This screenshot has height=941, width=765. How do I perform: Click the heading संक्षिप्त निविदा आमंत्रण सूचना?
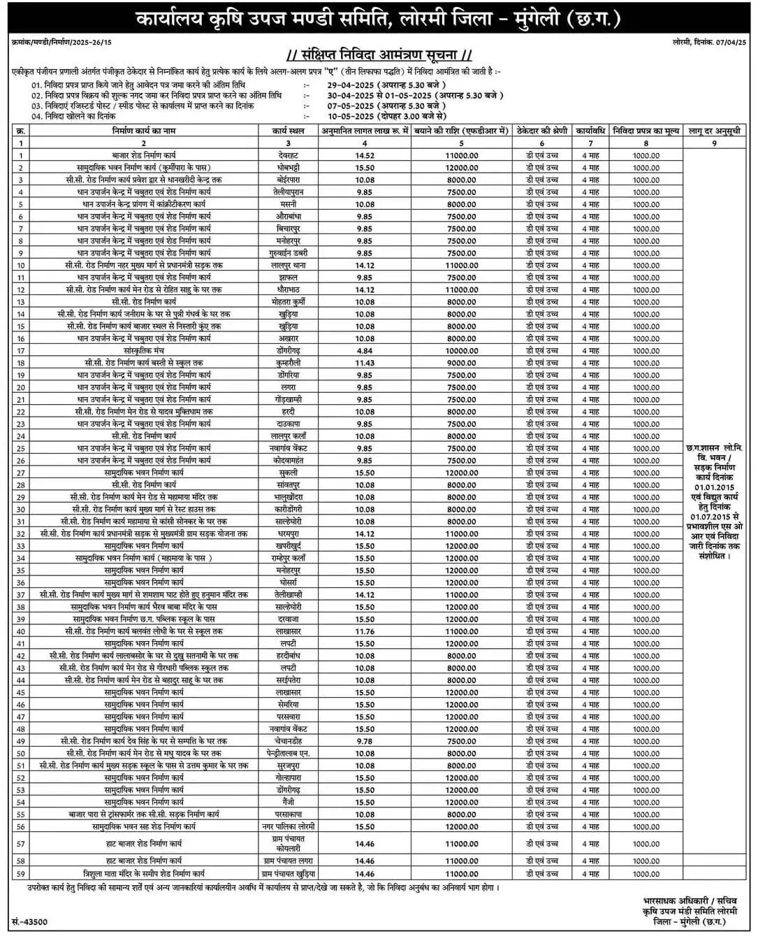[381, 55]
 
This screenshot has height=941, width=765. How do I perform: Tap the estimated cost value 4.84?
[365, 351]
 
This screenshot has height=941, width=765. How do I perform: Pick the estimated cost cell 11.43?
[365, 363]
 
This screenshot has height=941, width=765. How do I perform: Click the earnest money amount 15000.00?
[462, 631]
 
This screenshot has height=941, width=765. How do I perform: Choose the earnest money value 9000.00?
[462, 363]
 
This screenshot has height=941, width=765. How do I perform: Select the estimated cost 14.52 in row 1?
[365, 155]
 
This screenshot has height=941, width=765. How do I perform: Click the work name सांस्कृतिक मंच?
[144, 351]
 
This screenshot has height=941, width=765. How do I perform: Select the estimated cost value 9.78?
[365, 741]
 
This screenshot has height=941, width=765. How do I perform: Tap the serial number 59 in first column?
[21, 874]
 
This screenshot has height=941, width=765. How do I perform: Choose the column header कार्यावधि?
[590, 131]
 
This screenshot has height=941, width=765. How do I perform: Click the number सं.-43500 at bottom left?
[30, 922]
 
